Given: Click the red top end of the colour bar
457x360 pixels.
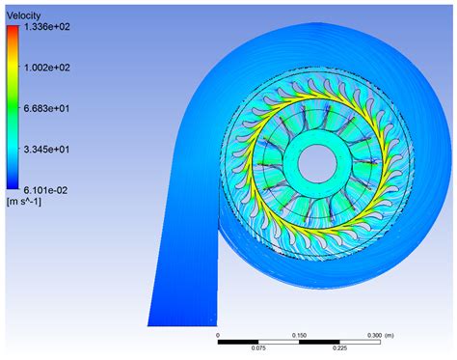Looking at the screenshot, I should (12, 31).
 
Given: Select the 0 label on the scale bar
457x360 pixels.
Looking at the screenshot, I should (219, 338).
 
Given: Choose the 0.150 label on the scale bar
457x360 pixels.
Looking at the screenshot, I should (300, 338).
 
